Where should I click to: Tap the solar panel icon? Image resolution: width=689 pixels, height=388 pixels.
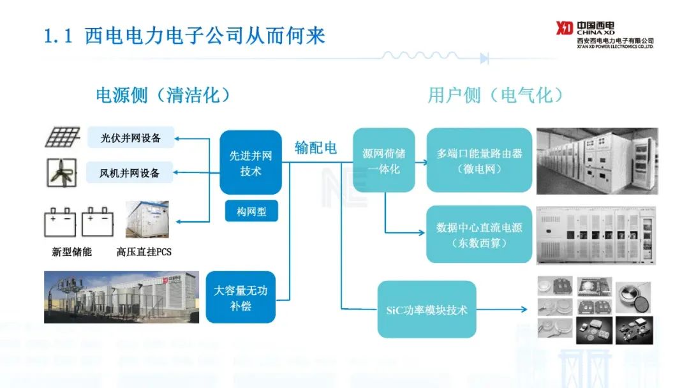[x=62, y=137]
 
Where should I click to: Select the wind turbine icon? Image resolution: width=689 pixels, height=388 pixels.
[x=62, y=172]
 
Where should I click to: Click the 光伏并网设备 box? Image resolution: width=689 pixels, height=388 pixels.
[x=131, y=137]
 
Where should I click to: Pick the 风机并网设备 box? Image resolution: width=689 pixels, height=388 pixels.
[x=130, y=172]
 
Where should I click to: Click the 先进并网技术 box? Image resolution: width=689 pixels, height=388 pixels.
[x=251, y=162]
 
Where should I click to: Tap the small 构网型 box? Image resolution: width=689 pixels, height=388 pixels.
[x=251, y=211]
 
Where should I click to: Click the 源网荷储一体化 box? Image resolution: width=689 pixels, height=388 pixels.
[x=384, y=161]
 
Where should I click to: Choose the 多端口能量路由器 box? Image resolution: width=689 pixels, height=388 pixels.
[x=479, y=161]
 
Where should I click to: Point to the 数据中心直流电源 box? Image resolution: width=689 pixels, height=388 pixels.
[x=479, y=234]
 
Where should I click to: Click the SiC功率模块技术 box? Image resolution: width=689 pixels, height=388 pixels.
[x=427, y=310]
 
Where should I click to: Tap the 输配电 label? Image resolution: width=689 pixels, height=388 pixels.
[x=315, y=147]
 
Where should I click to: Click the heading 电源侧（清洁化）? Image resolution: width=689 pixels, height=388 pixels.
[x=163, y=96]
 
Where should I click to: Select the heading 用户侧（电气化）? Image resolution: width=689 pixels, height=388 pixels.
[x=496, y=96]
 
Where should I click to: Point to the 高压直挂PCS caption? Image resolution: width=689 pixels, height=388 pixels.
[x=144, y=251]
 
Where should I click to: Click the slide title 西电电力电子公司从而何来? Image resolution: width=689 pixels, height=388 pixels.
[x=205, y=35]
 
